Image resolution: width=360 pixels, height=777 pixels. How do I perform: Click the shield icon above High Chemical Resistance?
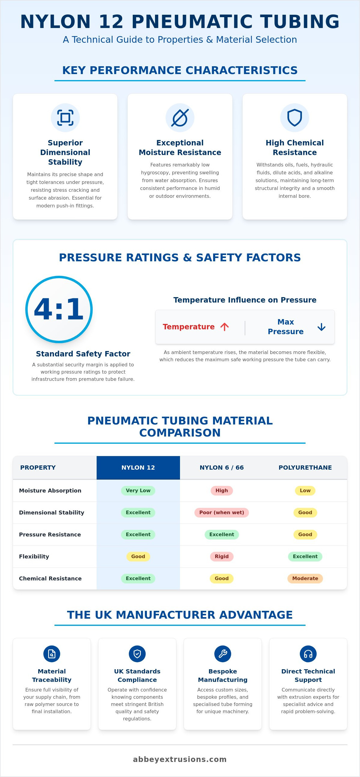[295, 118]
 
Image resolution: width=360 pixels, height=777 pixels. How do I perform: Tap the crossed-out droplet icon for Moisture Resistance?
[180, 118]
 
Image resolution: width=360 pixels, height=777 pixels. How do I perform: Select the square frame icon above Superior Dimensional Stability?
[65, 118]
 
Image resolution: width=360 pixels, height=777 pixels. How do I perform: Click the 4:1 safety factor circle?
[59, 309]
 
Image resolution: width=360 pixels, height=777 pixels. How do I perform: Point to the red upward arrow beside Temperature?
[225, 327]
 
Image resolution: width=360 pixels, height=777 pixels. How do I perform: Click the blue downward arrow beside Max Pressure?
[321, 327]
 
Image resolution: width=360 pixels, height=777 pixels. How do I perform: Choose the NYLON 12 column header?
[138, 468]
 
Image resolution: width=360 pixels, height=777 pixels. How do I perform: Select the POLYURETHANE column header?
[305, 468]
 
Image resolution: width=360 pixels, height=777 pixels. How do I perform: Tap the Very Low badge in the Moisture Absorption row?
[138, 490]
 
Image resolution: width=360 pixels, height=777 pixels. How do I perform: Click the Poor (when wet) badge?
[222, 512]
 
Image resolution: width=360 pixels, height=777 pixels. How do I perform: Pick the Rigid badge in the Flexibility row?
[222, 557]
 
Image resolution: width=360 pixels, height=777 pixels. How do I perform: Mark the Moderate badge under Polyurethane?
[305, 579]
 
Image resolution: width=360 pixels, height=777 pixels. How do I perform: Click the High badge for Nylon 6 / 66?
[222, 490]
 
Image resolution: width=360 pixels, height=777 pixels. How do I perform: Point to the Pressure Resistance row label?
[50, 534]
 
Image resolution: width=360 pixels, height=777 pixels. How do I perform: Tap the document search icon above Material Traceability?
[52, 654]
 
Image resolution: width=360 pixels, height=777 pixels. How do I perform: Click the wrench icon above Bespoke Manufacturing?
[223, 654]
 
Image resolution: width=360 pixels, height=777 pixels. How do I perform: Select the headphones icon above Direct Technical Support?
[308, 654]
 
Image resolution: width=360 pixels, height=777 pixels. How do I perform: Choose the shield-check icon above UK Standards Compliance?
[137, 654]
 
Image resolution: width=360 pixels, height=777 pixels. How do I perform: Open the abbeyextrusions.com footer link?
[180, 759]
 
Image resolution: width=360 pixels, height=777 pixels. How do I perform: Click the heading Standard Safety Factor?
[83, 354]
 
